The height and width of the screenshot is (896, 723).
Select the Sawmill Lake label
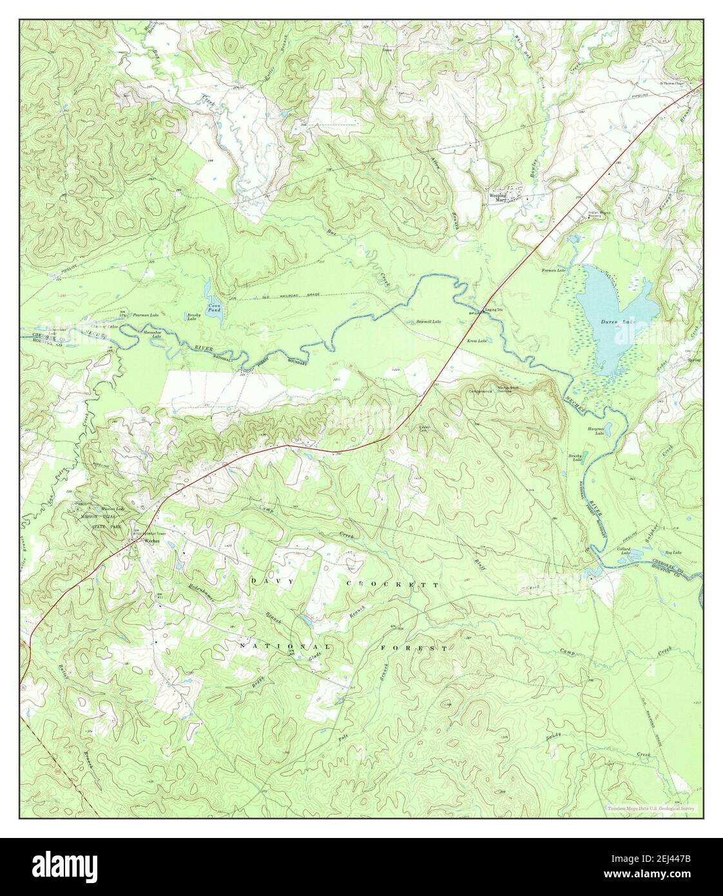point(427,321)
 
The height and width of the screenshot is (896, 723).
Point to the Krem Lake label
point(476,340)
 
